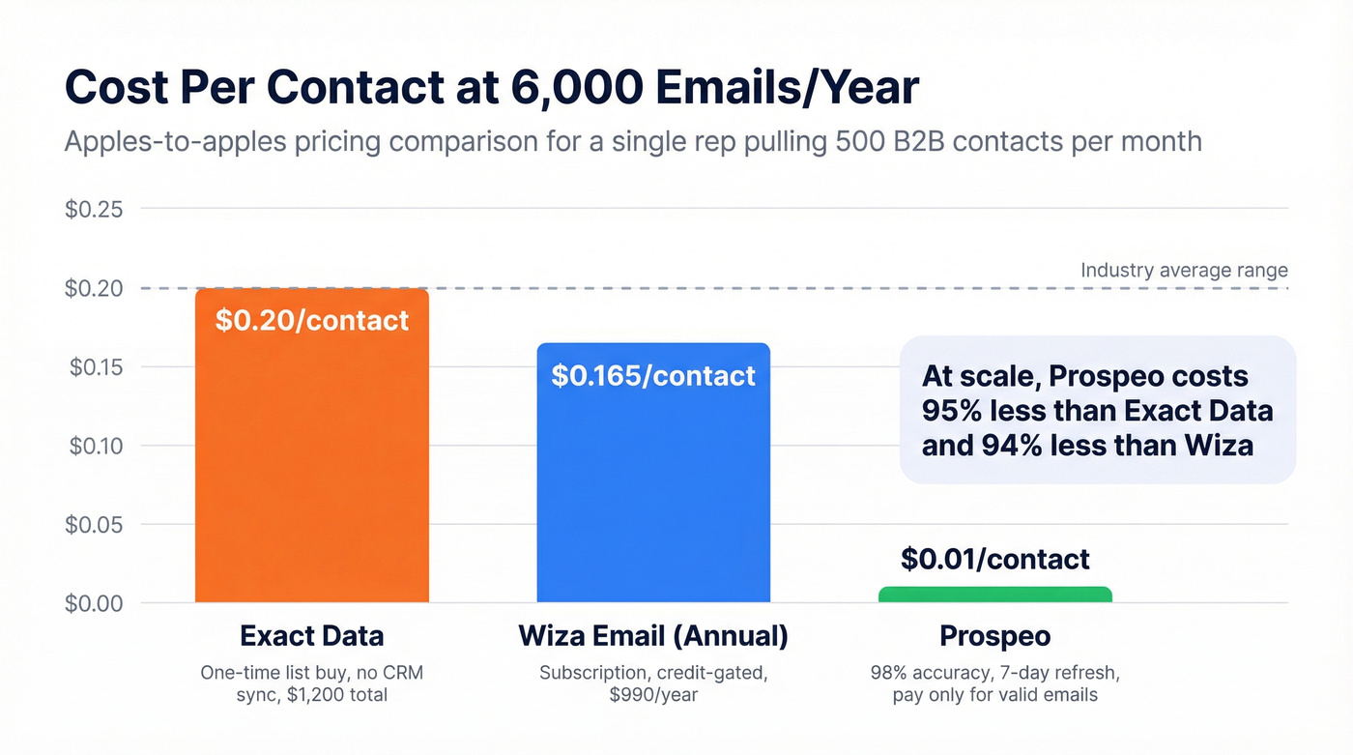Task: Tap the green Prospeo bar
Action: (x=994, y=595)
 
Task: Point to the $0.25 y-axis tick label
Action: (x=94, y=209)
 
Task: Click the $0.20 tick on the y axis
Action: (x=94, y=288)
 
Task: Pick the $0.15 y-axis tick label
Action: (x=94, y=367)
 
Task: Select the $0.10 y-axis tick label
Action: (x=94, y=446)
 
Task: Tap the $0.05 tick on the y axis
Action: (x=94, y=525)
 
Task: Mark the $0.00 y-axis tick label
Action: (x=94, y=603)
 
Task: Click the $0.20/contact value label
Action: (x=311, y=321)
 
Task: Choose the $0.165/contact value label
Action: (x=653, y=376)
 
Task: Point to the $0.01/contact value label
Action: (x=994, y=559)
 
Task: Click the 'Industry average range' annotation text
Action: (x=1184, y=270)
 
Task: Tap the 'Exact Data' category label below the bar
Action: (x=311, y=636)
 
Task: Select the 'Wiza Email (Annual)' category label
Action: (x=653, y=636)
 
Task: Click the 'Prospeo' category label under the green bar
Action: (x=994, y=636)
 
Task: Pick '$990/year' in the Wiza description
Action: (x=653, y=695)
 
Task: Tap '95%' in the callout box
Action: (x=956, y=411)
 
